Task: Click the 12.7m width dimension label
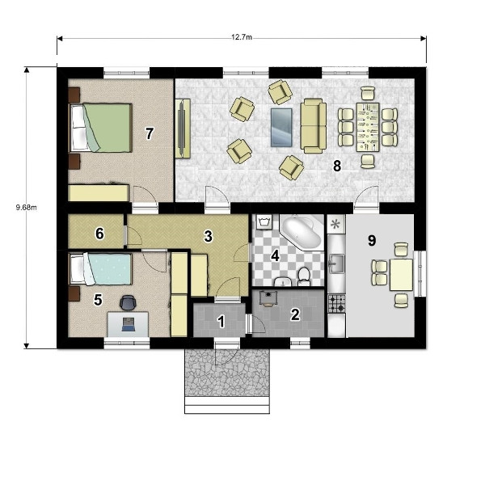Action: pyautogui.click(x=242, y=37)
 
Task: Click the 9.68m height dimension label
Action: pyautogui.click(x=27, y=207)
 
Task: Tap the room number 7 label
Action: pyautogui.click(x=150, y=133)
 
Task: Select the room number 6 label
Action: pyautogui.click(x=99, y=234)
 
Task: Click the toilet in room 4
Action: pyautogui.click(x=304, y=276)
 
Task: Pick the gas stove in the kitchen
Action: pyautogui.click(x=336, y=303)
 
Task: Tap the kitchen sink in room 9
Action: pyautogui.click(x=336, y=264)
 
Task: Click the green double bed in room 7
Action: pyautogui.click(x=100, y=128)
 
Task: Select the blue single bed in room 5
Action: pyautogui.click(x=100, y=269)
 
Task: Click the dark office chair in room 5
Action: pyautogui.click(x=128, y=302)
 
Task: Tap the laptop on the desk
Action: pyautogui.click(x=128, y=324)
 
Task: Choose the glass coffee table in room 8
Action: pyautogui.click(x=281, y=128)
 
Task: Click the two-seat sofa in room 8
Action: pyautogui.click(x=314, y=126)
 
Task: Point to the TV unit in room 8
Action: pyautogui.click(x=183, y=129)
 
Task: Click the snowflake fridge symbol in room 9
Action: pyautogui.click(x=336, y=224)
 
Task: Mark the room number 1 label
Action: pyautogui.click(x=221, y=322)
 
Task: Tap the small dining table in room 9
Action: pyautogui.click(x=401, y=275)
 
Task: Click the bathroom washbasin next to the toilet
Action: pyautogui.click(x=282, y=281)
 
